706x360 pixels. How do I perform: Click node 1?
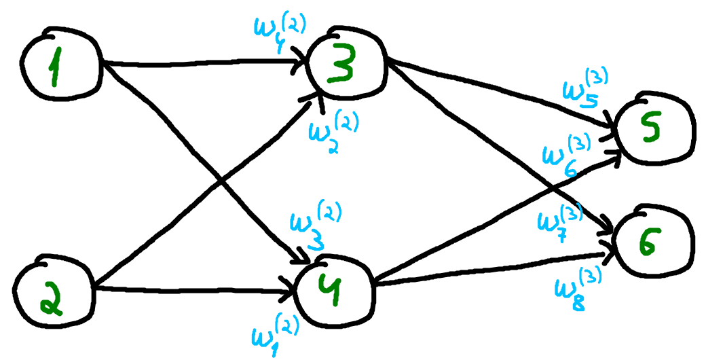point(59,70)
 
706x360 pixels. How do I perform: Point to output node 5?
point(653,130)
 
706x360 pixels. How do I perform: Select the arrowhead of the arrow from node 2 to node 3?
point(317,96)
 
